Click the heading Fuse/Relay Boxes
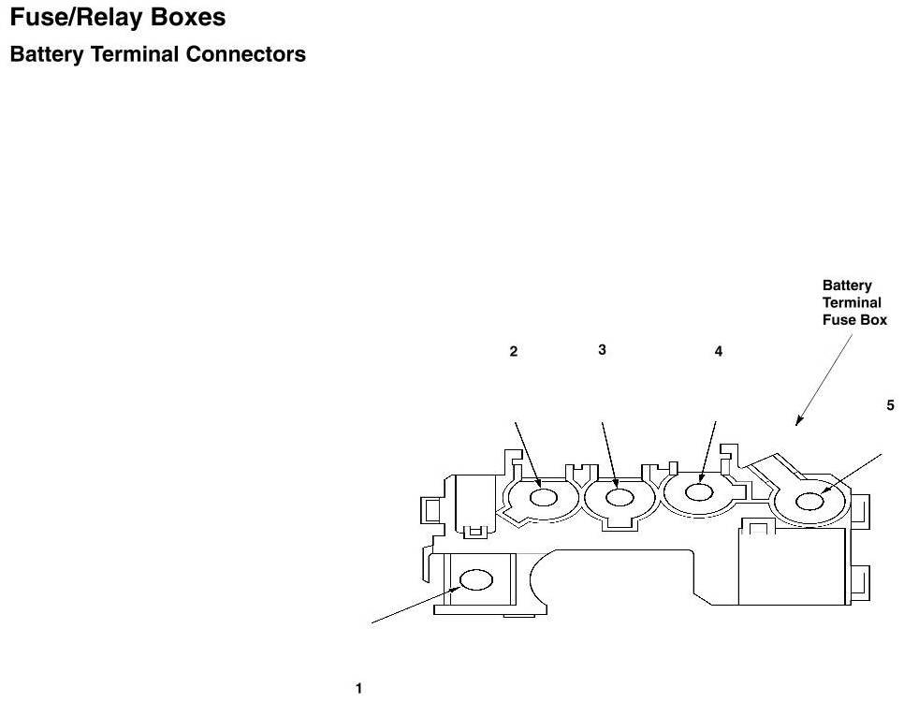(117, 18)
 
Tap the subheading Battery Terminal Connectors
(157, 54)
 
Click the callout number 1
(358, 689)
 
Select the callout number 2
(514, 352)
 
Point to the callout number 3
(602, 349)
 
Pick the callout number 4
(719, 352)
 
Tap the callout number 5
(891, 405)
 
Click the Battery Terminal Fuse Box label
(853, 302)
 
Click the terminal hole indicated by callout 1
(476, 580)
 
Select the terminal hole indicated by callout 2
(545, 497)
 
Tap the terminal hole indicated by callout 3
(619, 497)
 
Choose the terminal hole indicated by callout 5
(810, 502)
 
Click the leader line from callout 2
(527, 453)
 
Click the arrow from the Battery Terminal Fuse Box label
(824, 378)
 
